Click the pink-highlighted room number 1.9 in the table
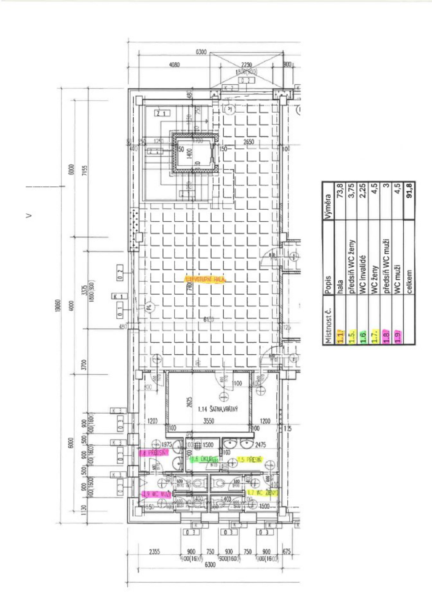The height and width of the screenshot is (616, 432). (397, 337)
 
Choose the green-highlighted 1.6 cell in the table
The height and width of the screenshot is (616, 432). (363, 337)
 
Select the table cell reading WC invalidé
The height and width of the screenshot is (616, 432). (363, 274)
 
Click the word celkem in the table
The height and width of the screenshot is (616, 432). (409, 281)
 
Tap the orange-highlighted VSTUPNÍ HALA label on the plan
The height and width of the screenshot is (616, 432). (205, 280)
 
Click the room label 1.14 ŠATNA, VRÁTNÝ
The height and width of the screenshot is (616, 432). (217, 409)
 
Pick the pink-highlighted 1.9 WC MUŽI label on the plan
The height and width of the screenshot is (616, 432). (156, 494)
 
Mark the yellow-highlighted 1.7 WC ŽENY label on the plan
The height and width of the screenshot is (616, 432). (262, 492)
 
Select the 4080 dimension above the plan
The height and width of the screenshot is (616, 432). (174, 65)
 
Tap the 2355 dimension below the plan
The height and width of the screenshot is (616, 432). (154, 551)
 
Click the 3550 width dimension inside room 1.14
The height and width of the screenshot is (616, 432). (208, 421)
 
